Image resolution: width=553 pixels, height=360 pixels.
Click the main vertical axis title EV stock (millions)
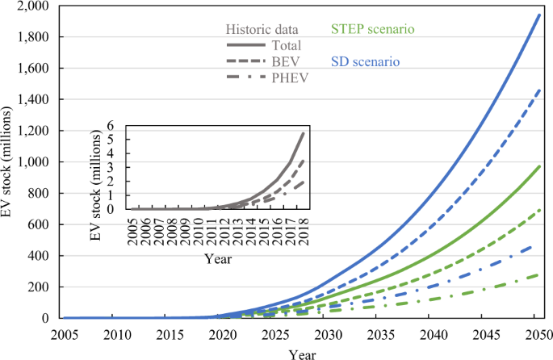click(x=10, y=162)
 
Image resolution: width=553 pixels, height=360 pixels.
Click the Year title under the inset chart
click(x=218, y=259)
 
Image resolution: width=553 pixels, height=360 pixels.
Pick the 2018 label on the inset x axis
click(x=303, y=230)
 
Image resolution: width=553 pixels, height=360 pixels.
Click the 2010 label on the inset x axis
click(x=195, y=230)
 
